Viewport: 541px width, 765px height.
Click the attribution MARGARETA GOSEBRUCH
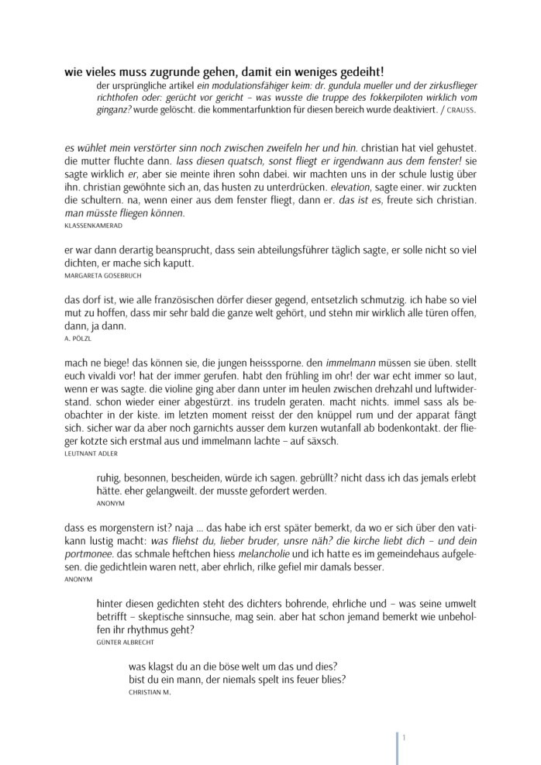pyautogui.click(x=102, y=276)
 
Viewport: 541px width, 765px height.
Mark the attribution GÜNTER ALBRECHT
pyautogui.click(x=128, y=642)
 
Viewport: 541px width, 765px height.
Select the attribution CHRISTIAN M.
pyautogui.click(x=150, y=692)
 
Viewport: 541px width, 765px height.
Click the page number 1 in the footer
pyautogui.click(x=404, y=737)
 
